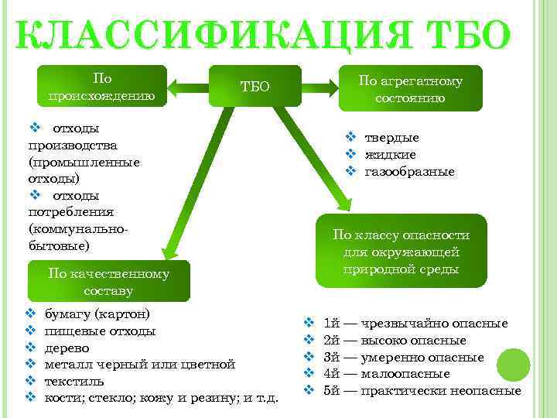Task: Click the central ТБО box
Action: click(255, 86)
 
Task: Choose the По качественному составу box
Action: click(108, 281)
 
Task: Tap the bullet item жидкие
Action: click(390, 155)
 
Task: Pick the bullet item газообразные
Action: click(409, 171)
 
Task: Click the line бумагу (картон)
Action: click(97, 314)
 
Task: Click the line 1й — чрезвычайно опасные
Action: click(415, 323)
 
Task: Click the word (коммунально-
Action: click(77, 229)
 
